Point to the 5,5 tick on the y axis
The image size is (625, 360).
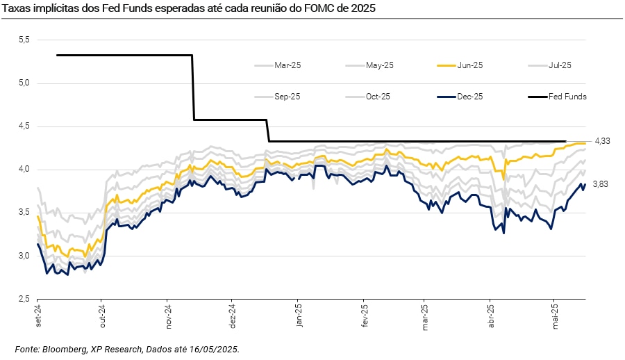pos(24,40)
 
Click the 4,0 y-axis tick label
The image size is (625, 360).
pos(24,170)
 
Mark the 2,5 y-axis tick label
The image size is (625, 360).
pos(24,299)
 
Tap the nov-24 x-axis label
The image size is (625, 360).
pos(168,317)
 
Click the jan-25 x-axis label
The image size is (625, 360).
pos(298,317)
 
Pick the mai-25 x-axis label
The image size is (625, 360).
pos(554,317)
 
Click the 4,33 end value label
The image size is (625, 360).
pos(601,141)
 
